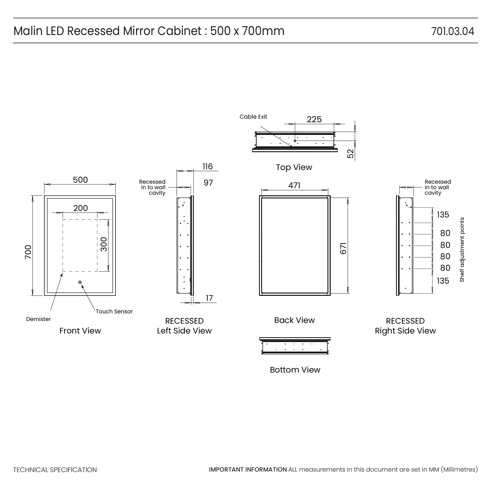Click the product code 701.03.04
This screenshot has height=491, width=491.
point(452,31)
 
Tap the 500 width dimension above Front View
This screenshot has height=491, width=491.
point(80,180)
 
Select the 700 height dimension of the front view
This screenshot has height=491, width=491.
point(28,252)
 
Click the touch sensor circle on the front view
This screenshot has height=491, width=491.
point(80,282)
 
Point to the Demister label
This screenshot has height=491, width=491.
point(38,319)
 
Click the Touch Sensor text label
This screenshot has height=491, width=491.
point(114,312)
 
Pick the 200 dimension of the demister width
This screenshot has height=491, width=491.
point(81,208)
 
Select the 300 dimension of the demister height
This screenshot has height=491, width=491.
point(104,244)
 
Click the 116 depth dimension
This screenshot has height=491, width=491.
point(207,167)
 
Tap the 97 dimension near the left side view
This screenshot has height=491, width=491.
point(208,183)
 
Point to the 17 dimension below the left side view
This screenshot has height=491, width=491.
point(209,298)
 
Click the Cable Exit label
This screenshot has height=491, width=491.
point(253,117)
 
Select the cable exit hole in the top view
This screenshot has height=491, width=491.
point(295,141)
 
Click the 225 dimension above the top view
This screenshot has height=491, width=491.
point(314,119)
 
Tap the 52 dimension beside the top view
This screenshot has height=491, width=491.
point(350,154)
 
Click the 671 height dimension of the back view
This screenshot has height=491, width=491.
point(343,248)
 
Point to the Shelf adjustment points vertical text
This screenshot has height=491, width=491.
point(462,250)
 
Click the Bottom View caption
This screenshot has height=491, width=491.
point(295,370)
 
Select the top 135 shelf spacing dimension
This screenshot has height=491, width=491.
point(443,215)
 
